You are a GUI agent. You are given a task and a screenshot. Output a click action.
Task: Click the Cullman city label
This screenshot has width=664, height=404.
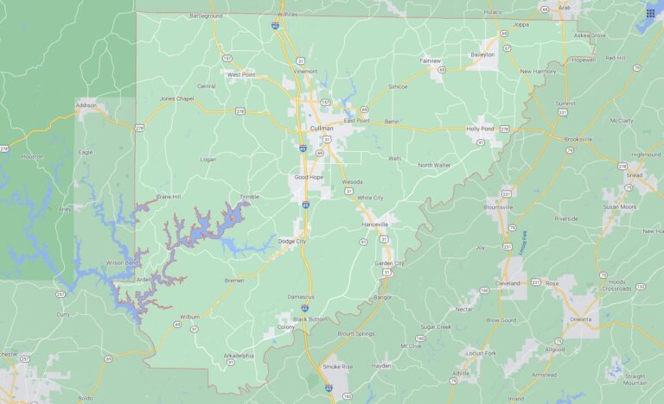pyautogui.click(x=321, y=129)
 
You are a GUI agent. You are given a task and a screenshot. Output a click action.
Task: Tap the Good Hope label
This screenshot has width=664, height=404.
pyautogui.click(x=309, y=177)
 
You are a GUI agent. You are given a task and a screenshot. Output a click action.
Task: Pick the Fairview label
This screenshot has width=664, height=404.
pyautogui.click(x=430, y=61)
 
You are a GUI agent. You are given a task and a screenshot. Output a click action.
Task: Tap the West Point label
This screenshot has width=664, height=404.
pyautogui.click(x=240, y=75)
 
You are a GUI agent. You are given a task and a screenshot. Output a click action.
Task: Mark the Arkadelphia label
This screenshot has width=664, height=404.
pyautogui.click(x=239, y=356)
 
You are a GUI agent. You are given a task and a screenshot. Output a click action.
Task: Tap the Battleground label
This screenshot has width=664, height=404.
pyautogui.click(x=206, y=16)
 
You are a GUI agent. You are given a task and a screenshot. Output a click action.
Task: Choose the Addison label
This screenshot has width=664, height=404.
pyautogui.click(x=86, y=105)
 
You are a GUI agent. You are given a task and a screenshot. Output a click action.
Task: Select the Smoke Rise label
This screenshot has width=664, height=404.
pyautogui.click(x=338, y=366)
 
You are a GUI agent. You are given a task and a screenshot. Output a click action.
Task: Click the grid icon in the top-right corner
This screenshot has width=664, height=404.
pyautogui.click(x=650, y=12)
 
